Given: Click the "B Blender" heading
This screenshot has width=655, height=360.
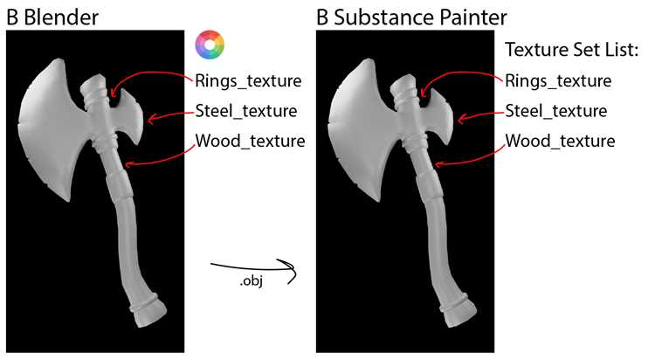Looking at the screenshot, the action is point(52,17).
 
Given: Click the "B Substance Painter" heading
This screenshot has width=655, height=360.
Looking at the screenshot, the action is point(411,17).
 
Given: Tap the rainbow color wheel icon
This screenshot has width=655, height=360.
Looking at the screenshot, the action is point(210,45).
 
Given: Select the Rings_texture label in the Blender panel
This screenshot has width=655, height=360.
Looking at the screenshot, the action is point(248,80).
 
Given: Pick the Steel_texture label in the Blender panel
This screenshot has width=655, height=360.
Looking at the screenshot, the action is point(246,111).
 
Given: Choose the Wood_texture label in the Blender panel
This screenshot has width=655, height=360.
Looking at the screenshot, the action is point(251,141).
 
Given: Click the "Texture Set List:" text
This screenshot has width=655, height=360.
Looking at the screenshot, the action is point(572,50).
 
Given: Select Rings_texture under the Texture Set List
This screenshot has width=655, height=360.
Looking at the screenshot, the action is point(558,80).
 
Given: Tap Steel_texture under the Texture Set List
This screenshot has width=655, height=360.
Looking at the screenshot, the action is point(556,111).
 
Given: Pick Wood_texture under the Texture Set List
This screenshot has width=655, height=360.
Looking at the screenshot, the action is point(560,141).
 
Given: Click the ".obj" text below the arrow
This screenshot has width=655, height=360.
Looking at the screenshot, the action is point(252,280).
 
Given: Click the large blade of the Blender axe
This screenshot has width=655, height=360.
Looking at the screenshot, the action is point(52,129).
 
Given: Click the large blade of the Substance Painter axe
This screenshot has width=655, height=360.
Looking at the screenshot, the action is point(362,129).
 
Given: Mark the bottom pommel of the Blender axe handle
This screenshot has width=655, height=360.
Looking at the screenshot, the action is point(148,311).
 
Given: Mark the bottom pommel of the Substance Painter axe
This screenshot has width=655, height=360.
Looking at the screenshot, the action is point(458,311).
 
